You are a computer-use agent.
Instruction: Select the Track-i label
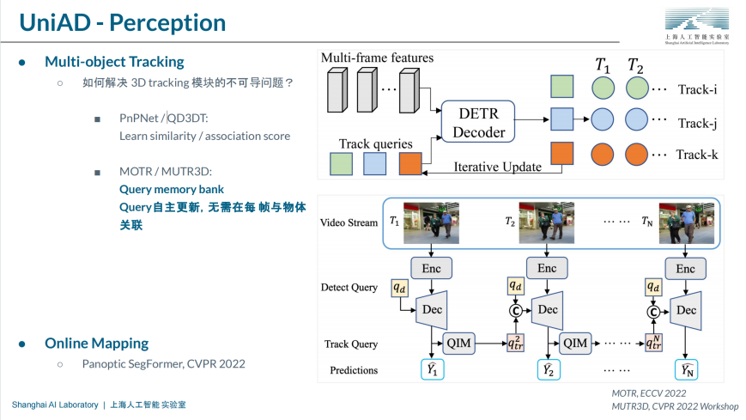(696, 89)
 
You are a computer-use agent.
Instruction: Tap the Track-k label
(696, 155)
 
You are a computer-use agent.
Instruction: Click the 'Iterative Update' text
(497, 167)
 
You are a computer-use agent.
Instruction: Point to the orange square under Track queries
(411, 163)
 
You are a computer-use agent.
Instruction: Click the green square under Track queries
(341, 163)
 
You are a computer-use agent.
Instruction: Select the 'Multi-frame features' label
(377, 58)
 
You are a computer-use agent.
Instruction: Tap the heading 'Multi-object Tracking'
(114, 62)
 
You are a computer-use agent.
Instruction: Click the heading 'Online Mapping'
(96, 343)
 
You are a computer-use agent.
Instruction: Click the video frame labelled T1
(432, 222)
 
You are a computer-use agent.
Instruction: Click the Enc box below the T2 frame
(546, 269)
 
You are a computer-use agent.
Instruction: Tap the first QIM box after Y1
(458, 343)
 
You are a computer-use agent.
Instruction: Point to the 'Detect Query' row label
(349, 287)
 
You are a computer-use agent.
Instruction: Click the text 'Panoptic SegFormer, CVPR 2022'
(163, 363)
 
